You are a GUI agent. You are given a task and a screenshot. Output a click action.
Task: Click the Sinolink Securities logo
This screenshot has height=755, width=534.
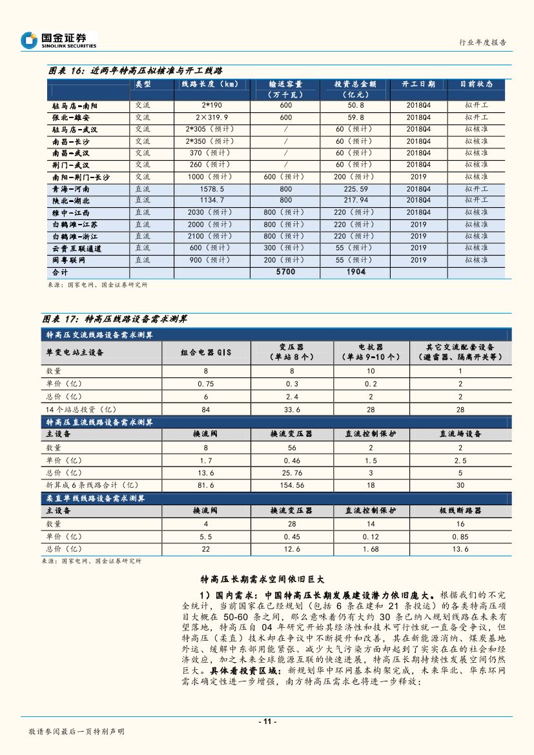point(58,40)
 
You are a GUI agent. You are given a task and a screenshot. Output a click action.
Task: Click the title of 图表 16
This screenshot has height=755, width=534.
point(136,71)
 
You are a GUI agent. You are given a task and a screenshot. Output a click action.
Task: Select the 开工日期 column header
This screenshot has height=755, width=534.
point(418,85)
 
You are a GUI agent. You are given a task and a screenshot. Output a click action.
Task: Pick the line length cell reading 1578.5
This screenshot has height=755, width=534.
point(212,189)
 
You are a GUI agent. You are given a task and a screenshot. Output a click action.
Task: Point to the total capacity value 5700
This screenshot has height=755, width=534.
point(285,272)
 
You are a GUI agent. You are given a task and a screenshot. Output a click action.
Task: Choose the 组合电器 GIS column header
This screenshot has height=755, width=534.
point(206,352)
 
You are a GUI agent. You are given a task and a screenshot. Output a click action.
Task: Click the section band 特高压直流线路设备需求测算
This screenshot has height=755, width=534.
point(99,422)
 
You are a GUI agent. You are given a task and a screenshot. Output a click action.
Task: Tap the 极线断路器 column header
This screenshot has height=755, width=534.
point(460,510)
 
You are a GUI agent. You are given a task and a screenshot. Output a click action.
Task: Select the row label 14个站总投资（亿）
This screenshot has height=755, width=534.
point(81,410)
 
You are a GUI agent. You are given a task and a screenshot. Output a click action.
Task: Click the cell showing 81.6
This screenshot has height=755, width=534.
point(206,485)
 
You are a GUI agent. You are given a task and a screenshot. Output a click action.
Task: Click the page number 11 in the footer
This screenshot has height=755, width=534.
point(267,722)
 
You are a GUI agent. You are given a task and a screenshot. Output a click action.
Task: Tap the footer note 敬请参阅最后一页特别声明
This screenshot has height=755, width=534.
point(77,732)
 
